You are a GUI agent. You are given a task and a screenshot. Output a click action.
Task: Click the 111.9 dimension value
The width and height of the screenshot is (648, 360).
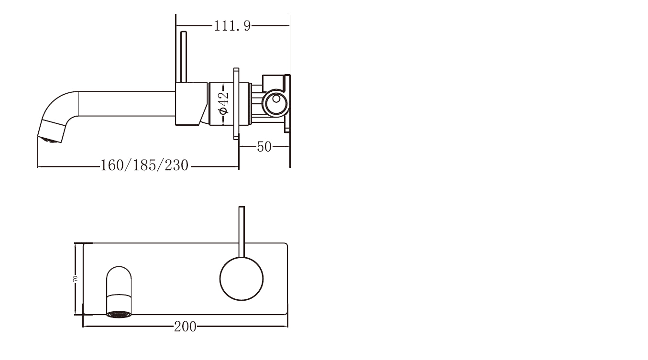[232, 26]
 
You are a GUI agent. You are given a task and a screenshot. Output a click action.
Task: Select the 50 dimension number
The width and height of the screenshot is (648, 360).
[264, 147]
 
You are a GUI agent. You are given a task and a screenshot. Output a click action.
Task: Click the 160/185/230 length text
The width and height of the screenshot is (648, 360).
[144, 166]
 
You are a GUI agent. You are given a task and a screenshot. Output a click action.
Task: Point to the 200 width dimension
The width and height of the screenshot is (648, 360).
[185, 327]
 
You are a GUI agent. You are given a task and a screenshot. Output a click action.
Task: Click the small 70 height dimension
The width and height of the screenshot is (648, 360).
[75, 279]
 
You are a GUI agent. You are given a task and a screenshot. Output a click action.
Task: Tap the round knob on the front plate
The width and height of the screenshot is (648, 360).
[242, 279]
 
